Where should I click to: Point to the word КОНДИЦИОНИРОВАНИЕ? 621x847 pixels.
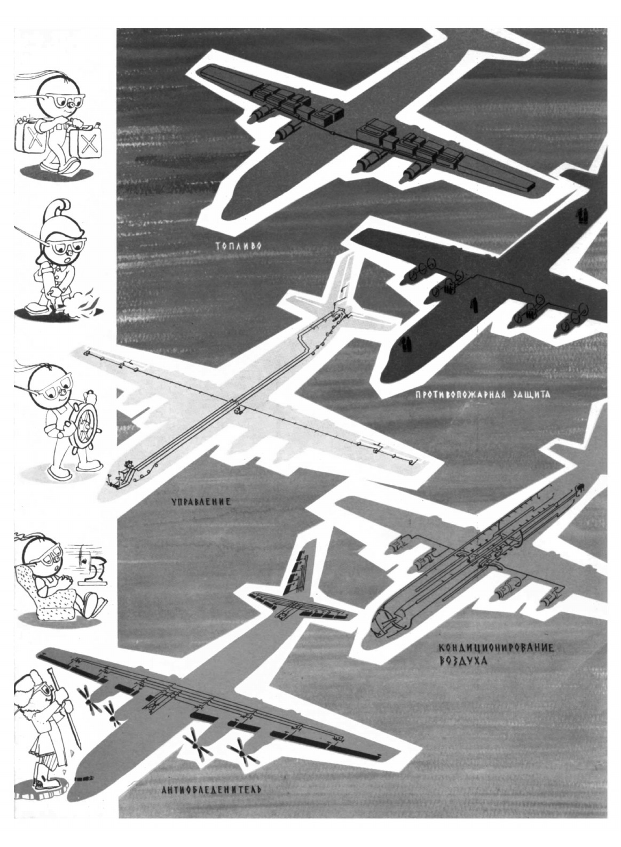coord(494,649)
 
